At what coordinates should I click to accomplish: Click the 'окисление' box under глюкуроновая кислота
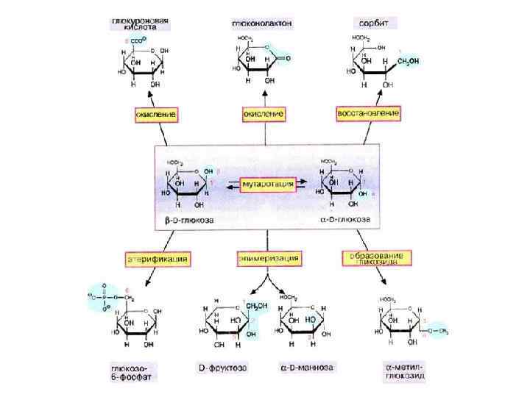[158, 116]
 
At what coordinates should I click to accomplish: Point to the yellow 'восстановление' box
[368, 115]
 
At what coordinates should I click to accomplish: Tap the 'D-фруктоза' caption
[222, 367]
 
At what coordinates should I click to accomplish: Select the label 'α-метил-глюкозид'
[405, 371]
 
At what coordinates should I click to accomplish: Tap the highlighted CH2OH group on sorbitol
[408, 62]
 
